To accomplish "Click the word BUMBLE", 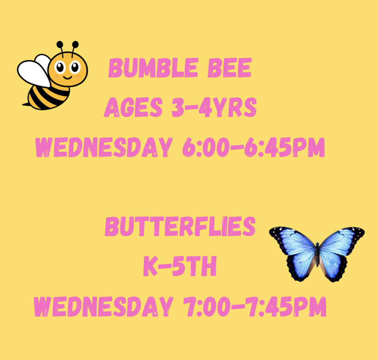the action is point(153,68).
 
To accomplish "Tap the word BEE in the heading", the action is point(230,68).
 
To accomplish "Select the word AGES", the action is point(133,107).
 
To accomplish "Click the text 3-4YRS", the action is point(214,107).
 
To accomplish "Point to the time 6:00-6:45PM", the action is point(254,147).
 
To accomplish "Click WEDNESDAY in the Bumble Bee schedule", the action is point(104,147).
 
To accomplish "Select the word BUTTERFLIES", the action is point(180,226).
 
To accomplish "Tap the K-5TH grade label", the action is point(180,266).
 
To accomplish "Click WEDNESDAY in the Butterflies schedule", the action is point(104,306).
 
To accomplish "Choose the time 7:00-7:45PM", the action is point(255,306).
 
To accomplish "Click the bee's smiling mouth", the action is point(68,77).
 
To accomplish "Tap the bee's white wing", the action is point(34,72).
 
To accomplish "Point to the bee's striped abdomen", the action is point(48,97).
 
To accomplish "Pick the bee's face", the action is point(68,69).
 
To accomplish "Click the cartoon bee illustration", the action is point(52,75).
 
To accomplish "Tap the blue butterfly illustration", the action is point(317,254).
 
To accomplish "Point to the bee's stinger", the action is point(25,104).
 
